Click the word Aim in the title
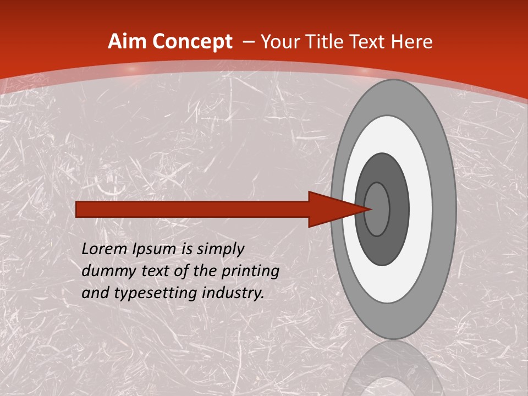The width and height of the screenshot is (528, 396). [x=127, y=42]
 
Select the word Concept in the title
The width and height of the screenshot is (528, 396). [x=192, y=42]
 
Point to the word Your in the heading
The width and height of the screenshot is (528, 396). [x=281, y=42]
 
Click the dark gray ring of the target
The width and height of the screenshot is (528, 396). [x=399, y=209]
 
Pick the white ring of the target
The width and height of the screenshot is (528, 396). [x=420, y=209]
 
